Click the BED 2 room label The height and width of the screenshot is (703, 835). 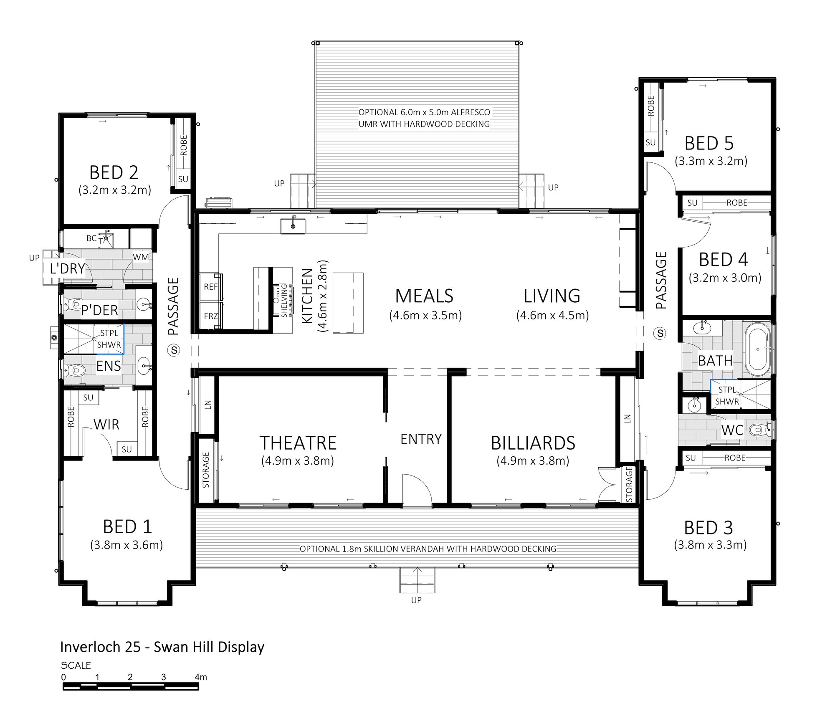pos(114,172)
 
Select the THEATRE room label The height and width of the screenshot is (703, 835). pos(298,443)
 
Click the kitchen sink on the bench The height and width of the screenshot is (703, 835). pos(293,226)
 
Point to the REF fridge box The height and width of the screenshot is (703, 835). pos(211,287)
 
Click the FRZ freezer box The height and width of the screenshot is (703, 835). pos(211,316)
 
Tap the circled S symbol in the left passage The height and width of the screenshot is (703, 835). pos(174,350)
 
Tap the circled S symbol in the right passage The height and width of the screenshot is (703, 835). pos(660,333)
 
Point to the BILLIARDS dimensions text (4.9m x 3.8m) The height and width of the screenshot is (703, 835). pos(533,461)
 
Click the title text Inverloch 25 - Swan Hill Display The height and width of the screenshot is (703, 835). pos(162,647)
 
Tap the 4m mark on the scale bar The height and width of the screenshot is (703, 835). pos(200,677)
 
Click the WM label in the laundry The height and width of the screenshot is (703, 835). pos(141,257)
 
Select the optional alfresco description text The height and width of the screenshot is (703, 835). pos(424,118)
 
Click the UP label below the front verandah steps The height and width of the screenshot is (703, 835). pos(416,600)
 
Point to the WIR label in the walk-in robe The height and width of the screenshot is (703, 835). pos(106,425)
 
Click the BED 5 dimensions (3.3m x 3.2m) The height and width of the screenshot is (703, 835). pos(711,161)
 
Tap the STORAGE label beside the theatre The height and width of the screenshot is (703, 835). pos(206,470)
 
